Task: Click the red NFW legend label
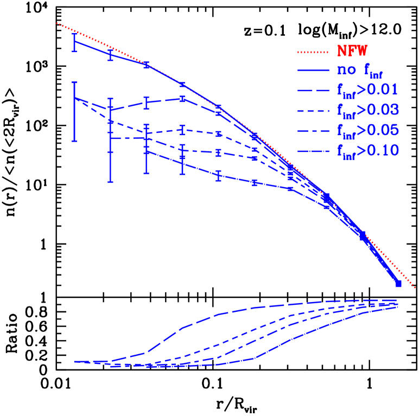[352, 52]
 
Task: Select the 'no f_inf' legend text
[360, 71]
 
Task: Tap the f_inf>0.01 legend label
[367, 90]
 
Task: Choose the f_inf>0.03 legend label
[367, 110]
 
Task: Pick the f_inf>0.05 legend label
[367, 130]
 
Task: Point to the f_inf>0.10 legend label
[367, 150]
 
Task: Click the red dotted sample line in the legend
[313, 52]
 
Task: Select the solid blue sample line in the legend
[313, 71]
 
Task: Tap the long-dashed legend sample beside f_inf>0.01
[313, 90]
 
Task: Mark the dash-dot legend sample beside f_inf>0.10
[313, 150]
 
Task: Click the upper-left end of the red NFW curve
[57, 23]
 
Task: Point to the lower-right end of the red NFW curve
[415, 287]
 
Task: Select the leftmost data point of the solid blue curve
[74, 41]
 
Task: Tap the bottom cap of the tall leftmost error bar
[74, 141]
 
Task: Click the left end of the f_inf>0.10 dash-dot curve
[147, 151]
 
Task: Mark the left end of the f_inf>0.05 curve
[111, 139]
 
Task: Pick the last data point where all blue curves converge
[398, 283]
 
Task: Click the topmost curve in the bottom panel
[217, 315]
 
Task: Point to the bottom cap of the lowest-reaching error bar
[111, 182]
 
